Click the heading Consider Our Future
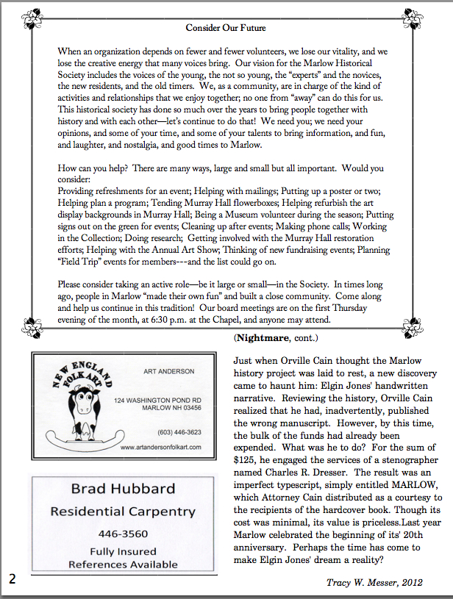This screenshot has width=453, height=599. pyautogui.click(x=226, y=28)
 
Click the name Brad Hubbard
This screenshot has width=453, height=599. pyautogui.click(x=123, y=489)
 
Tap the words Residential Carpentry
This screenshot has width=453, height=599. pyautogui.click(x=123, y=511)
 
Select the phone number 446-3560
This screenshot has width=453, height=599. pyautogui.click(x=123, y=534)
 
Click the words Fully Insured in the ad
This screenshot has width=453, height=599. pyautogui.click(x=123, y=550)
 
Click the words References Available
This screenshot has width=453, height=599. pyautogui.click(x=123, y=564)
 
